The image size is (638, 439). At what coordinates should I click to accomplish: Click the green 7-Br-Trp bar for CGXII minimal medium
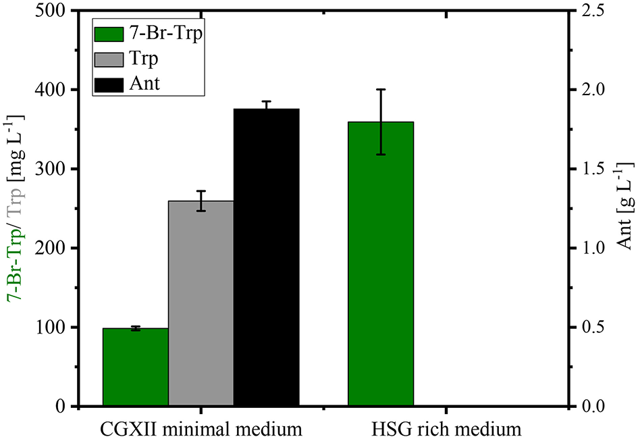(x=135, y=367)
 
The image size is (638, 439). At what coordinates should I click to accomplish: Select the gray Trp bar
(x=201, y=304)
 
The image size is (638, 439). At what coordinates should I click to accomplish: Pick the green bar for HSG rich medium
(x=380, y=264)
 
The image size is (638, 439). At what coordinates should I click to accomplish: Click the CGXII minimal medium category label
(x=201, y=428)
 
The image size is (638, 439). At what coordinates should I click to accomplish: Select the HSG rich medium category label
(x=446, y=428)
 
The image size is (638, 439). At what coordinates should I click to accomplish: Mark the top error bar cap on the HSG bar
(x=380, y=89)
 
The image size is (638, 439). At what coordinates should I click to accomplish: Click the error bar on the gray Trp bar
(x=201, y=201)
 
